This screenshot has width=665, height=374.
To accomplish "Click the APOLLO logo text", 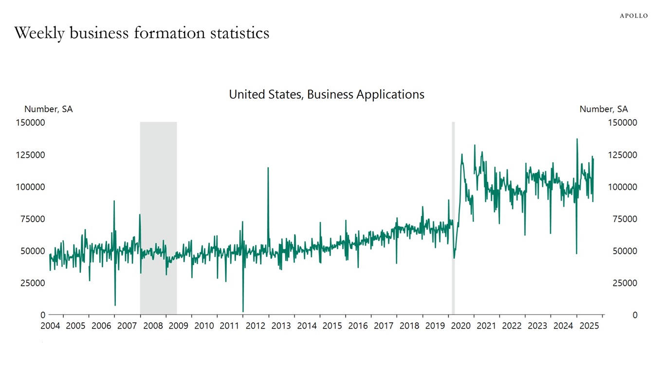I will tap(633, 16).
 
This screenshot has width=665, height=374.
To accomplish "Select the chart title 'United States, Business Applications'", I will tap(327, 94).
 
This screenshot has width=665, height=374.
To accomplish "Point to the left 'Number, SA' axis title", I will tap(49, 109).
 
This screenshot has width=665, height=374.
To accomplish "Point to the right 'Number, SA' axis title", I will tap(603, 109).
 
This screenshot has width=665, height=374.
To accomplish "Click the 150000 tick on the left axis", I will tap(31, 123).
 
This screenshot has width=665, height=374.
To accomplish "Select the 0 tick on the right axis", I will tap(634, 315).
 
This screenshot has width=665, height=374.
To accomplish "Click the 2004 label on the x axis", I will tap(50, 326).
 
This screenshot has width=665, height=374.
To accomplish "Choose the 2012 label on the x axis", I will tap(255, 326).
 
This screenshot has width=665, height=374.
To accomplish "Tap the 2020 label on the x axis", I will tap(461, 326).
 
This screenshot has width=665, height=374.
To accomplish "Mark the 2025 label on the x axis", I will tap(589, 326).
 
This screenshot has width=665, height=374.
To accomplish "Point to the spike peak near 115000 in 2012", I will tap(268, 168).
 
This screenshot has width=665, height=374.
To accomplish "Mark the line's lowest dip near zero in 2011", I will tap(243, 311).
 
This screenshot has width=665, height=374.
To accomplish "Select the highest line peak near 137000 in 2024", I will tap(577, 139).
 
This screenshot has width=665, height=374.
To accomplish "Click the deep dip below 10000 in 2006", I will tap(115, 305).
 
